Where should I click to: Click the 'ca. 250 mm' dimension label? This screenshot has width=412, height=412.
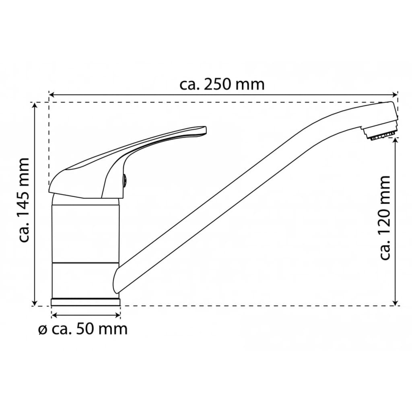(x=222, y=85)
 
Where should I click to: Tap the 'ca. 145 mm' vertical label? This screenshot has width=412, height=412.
(x=25, y=200)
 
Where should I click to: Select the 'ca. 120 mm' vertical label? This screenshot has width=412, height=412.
(x=385, y=218)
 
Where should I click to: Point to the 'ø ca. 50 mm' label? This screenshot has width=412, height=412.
(x=83, y=329)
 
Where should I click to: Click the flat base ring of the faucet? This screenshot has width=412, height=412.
(x=86, y=301)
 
